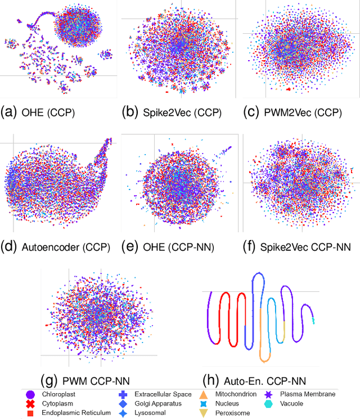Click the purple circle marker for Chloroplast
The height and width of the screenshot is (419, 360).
30,395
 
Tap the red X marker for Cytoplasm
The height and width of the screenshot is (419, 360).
30,404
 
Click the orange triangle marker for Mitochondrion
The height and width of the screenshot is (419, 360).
203,395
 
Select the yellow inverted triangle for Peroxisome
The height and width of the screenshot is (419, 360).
203,413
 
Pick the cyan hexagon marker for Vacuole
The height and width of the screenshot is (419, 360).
269,404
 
